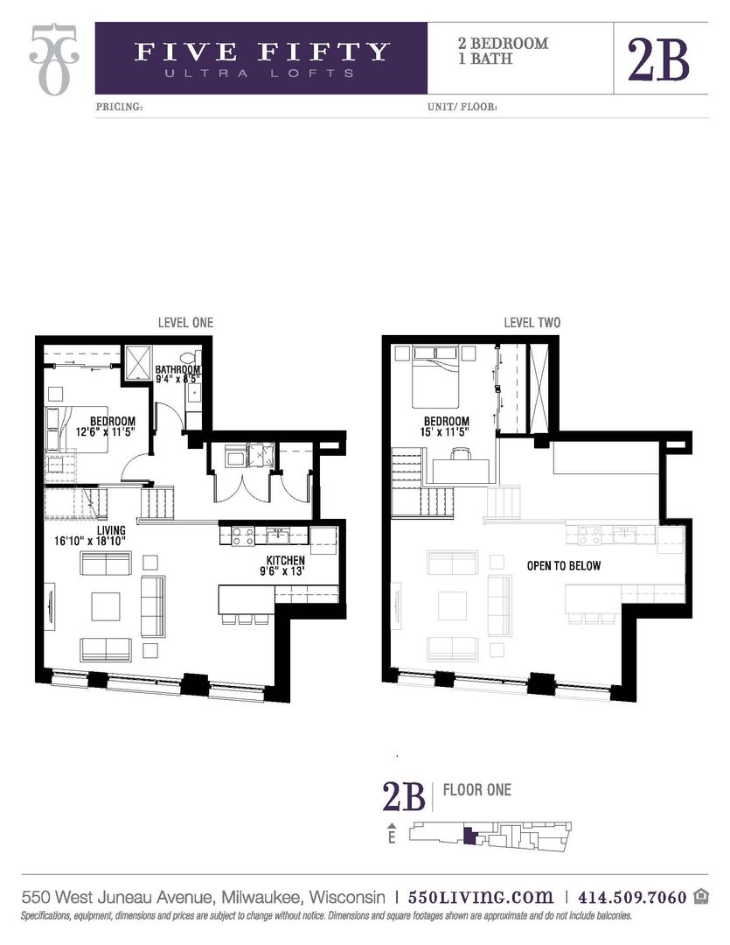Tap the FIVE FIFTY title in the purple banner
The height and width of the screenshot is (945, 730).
click(261, 52)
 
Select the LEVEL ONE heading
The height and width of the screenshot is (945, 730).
click(185, 323)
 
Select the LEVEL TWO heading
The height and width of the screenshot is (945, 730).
click(532, 323)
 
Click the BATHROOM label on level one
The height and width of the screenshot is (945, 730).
click(178, 369)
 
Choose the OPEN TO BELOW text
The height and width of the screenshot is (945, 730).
click(563, 565)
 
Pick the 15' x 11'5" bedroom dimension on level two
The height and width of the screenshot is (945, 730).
click(444, 431)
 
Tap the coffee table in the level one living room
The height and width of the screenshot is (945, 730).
click(106, 605)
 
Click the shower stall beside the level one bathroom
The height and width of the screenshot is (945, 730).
click(138, 361)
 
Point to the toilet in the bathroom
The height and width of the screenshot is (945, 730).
click(185, 359)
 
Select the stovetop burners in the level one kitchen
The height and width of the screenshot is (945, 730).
click(242, 535)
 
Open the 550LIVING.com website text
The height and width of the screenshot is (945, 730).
click(481, 897)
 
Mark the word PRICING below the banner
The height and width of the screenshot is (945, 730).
click(118, 108)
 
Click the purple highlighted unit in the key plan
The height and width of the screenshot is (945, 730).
click(469, 836)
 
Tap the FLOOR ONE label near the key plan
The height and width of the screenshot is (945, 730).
click(477, 790)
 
